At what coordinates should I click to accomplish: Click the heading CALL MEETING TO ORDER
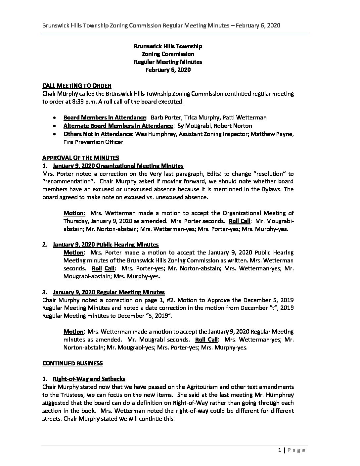(x=77, y=86)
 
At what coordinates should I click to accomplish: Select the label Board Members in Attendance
(x=105, y=117)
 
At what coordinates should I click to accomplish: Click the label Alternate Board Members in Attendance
(x=118, y=125)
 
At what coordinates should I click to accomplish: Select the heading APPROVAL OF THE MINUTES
(x=81, y=158)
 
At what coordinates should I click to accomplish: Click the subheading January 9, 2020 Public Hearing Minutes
(x=106, y=245)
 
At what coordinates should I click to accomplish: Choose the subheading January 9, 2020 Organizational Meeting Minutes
(x=118, y=165)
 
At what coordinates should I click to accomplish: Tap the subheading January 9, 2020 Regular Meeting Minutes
(x=109, y=292)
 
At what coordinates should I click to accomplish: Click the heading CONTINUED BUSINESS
(x=72, y=363)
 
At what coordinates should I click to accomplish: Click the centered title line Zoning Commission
(x=168, y=54)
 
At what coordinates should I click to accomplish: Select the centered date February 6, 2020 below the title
(x=168, y=70)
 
